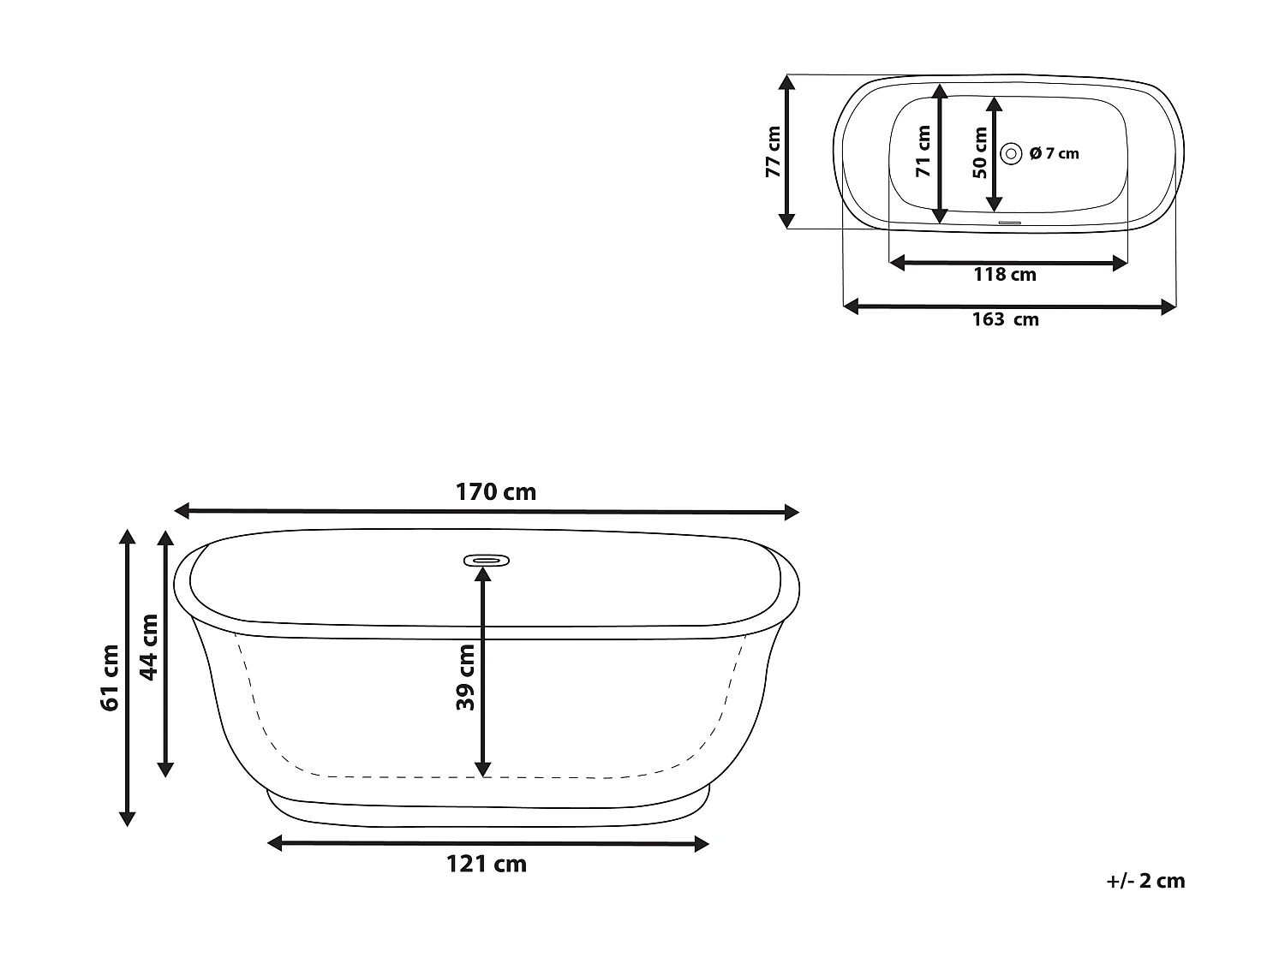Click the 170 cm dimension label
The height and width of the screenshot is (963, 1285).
(495, 492)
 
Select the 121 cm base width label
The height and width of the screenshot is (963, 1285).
(486, 864)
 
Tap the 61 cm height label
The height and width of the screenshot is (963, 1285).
(110, 678)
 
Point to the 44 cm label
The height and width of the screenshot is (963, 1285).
(149, 647)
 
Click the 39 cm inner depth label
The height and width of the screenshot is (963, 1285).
(465, 677)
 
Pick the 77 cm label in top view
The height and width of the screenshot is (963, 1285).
(773, 152)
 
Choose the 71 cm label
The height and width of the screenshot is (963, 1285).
(923, 152)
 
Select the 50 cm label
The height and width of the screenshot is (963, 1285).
(980, 153)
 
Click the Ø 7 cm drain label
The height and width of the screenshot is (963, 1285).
(1054, 153)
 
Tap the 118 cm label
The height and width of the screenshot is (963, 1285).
(1004, 275)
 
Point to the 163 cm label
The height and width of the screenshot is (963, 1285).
(1005, 319)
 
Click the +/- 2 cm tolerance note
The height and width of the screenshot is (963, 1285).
(1145, 881)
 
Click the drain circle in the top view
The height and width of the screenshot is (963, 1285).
(1012, 153)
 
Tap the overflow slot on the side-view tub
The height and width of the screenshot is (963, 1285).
(487, 561)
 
